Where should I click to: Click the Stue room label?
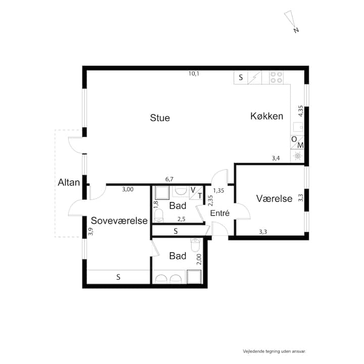click(x=160, y=118)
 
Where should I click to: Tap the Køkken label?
click(x=267, y=116)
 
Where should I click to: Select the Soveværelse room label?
click(x=119, y=220)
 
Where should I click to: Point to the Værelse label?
click(x=274, y=199)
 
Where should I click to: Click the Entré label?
click(x=219, y=213)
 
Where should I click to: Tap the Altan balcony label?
click(x=69, y=183)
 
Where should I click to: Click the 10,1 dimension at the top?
click(x=194, y=74)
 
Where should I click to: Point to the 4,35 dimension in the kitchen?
click(x=301, y=111)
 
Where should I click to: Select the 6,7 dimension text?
click(x=169, y=179)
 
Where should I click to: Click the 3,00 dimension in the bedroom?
click(x=128, y=190)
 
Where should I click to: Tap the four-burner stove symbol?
click(x=276, y=77)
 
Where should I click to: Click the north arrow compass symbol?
click(x=291, y=20)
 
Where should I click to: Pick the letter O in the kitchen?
click(x=294, y=140)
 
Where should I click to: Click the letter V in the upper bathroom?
click(x=193, y=190)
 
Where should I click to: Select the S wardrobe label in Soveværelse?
click(x=118, y=277)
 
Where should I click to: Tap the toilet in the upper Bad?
click(x=159, y=215)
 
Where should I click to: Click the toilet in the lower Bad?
click(x=195, y=245)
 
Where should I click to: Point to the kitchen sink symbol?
click(x=298, y=127)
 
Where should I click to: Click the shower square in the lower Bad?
click(x=194, y=277)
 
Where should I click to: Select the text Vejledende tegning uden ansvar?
click(x=274, y=351)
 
